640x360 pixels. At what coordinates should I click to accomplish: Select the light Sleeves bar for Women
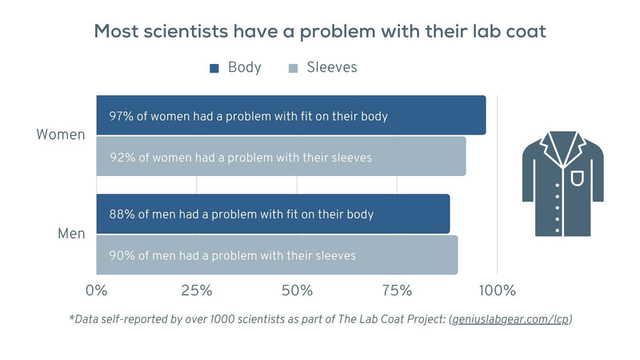coord(281,157)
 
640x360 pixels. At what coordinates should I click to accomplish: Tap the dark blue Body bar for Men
coord(273,214)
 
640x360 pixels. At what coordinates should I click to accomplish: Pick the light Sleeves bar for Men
coord(277,255)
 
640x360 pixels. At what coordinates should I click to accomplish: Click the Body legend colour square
coord(214,68)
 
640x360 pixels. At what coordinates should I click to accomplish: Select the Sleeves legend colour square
coord(293,68)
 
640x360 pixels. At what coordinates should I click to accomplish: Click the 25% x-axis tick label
coord(197,289)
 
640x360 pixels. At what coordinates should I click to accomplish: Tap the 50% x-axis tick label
coord(297,289)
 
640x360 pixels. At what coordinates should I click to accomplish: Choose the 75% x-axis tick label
coord(398,289)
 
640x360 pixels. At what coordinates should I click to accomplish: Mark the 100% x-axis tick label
coord(497,289)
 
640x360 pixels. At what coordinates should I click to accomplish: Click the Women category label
coord(61,134)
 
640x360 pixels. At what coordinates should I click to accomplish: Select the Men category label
coord(71,234)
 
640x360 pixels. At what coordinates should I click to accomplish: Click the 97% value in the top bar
coord(122,116)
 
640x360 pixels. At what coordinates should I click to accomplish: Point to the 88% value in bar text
coord(122,214)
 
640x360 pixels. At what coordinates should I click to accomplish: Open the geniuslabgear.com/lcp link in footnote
coord(510,319)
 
